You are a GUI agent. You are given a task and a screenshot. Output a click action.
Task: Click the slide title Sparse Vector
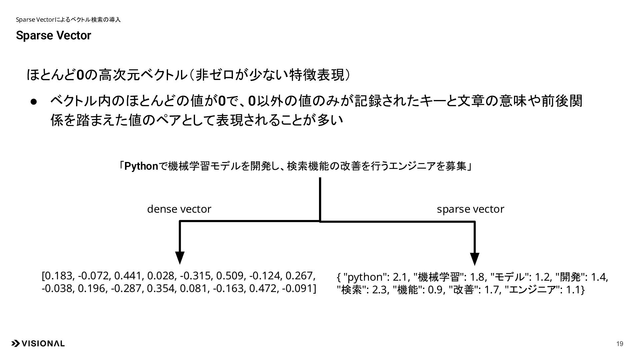[x=53, y=36]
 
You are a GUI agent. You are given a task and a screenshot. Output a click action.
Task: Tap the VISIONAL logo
[x=38, y=344]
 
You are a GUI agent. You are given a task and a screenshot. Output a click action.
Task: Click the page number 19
[x=620, y=344]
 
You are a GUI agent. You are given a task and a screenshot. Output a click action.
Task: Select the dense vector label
[x=179, y=209]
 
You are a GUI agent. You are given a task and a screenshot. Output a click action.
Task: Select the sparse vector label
[x=470, y=209]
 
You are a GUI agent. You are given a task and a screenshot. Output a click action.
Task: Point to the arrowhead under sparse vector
[x=474, y=259]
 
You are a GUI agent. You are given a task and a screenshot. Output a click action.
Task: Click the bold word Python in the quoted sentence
[x=141, y=166]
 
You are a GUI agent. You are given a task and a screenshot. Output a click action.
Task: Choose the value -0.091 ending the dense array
[x=297, y=288]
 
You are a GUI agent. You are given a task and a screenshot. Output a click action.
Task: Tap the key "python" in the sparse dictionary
[x=365, y=277]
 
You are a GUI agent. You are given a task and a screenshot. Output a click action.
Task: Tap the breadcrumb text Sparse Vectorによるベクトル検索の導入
[x=68, y=20]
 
